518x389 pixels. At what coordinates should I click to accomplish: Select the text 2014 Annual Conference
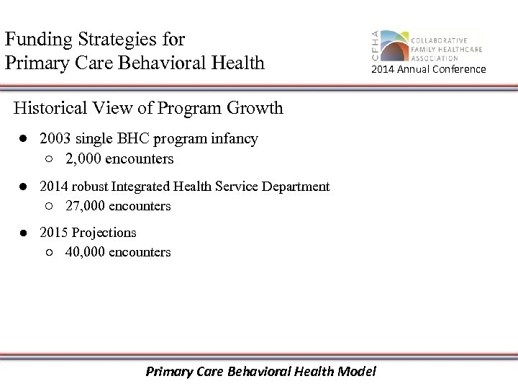pos(428,69)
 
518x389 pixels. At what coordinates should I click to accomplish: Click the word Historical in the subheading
pos(54,108)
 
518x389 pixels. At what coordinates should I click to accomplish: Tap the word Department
pos(297,187)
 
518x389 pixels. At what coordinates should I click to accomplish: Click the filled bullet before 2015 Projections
pos(24,233)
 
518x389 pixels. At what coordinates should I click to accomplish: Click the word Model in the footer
pos(355,372)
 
